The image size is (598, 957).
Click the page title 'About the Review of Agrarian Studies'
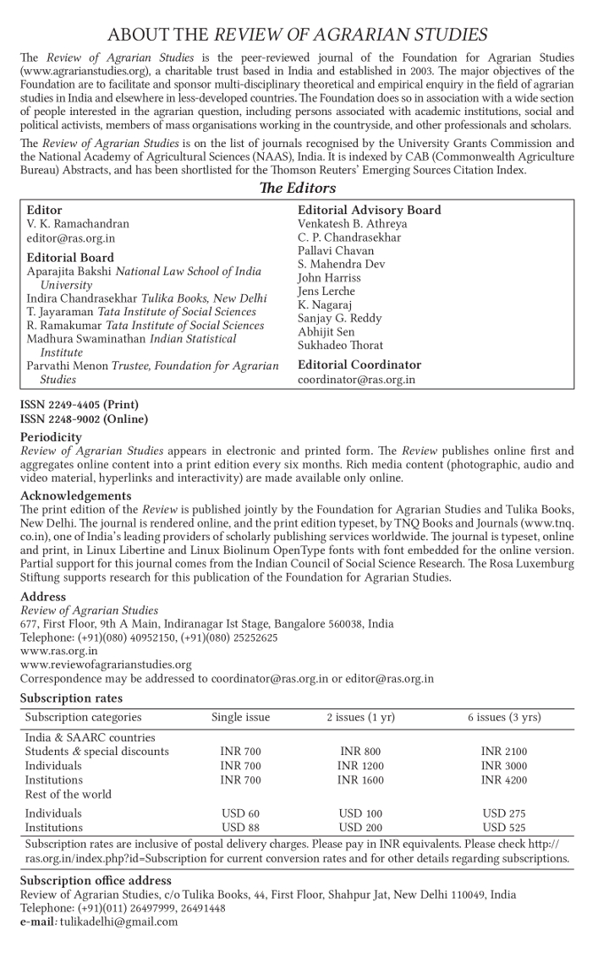[298, 35]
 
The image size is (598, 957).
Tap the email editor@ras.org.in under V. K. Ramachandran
[65, 238]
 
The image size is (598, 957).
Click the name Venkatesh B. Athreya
[352, 224]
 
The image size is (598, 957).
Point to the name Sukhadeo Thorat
[340, 345]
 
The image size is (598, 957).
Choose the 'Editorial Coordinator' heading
[359, 365]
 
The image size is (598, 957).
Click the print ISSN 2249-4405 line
[80, 405]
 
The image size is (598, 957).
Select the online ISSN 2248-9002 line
[84, 418]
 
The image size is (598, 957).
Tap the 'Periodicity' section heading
[52, 437]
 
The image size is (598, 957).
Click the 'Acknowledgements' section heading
[76, 495]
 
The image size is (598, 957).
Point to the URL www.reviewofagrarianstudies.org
[106, 664]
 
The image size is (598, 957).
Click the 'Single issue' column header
[240, 718]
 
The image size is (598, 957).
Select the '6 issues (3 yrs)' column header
[504, 718]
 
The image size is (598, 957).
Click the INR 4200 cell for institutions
[503, 780]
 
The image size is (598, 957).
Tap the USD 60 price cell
[240, 813]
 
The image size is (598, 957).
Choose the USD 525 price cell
[503, 828]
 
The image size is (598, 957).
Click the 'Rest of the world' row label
[68, 795]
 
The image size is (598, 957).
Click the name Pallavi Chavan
[336, 251]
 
